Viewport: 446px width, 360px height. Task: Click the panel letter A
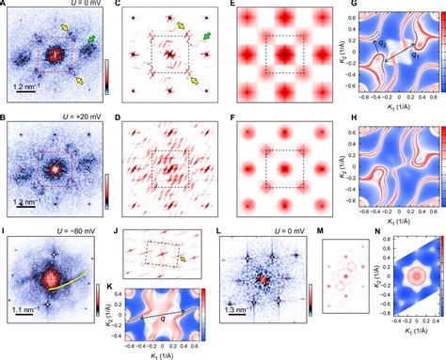click(7, 8)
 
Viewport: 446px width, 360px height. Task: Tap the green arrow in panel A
click(91, 39)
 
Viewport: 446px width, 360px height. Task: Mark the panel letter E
click(234, 8)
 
